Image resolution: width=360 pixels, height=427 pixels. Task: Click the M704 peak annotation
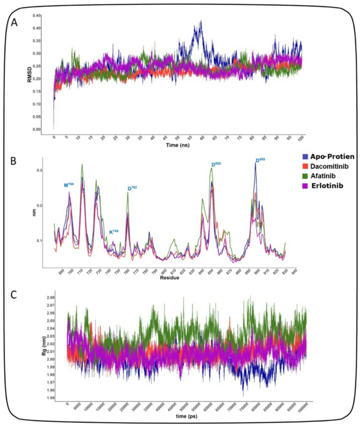[x=69, y=185]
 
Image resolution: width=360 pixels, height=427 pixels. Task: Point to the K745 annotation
[x=114, y=231]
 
